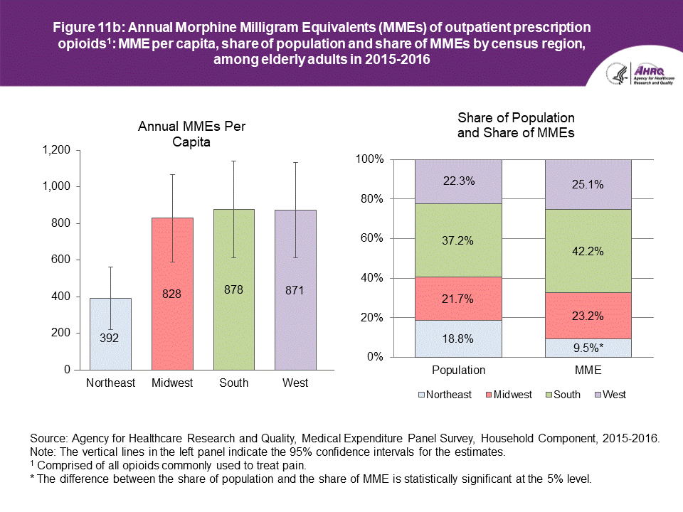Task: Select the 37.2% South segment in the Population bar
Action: tap(458, 240)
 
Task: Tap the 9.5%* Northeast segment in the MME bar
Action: tap(588, 348)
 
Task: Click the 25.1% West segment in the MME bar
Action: tap(588, 184)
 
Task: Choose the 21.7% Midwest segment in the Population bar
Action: tap(458, 299)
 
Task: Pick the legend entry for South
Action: tap(561, 395)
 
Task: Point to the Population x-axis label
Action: tap(458, 370)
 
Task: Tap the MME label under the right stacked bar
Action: tap(588, 370)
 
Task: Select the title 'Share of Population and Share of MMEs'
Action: tap(516, 124)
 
